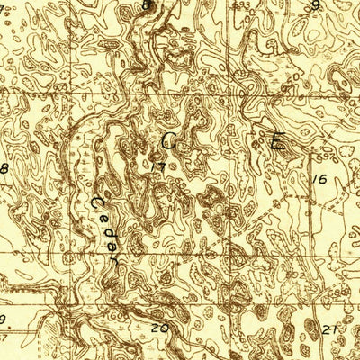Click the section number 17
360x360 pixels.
159,166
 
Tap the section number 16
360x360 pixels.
320,179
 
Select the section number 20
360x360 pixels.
160,328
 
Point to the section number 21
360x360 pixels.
330,328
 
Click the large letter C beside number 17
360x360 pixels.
169,140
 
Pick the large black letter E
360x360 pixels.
277,140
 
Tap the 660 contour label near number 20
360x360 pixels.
180,306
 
